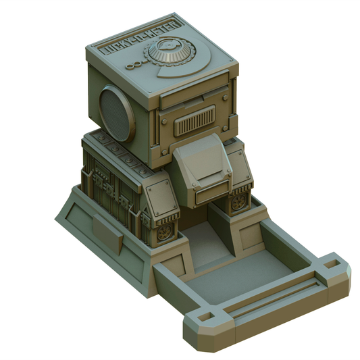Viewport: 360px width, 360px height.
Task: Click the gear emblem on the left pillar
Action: (x=164, y=232)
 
